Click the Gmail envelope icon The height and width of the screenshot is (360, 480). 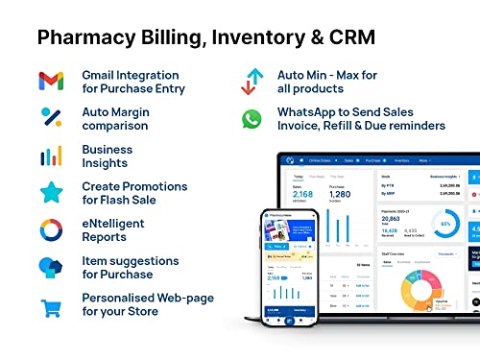click(x=52, y=81)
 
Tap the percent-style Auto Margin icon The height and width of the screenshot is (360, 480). click(x=52, y=117)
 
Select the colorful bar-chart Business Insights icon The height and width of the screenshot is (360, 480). click(x=52, y=156)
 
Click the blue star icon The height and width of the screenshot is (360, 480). click(x=52, y=193)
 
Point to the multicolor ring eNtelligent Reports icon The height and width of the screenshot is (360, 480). click(x=52, y=230)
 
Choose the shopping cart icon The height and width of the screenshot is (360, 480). click(x=52, y=308)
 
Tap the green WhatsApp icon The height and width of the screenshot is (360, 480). click(x=252, y=118)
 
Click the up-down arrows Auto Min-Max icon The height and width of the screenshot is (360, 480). click(x=252, y=81)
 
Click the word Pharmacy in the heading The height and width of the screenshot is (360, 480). click(x=92, y=37)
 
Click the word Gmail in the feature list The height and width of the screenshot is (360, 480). click(x=101, y=74)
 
